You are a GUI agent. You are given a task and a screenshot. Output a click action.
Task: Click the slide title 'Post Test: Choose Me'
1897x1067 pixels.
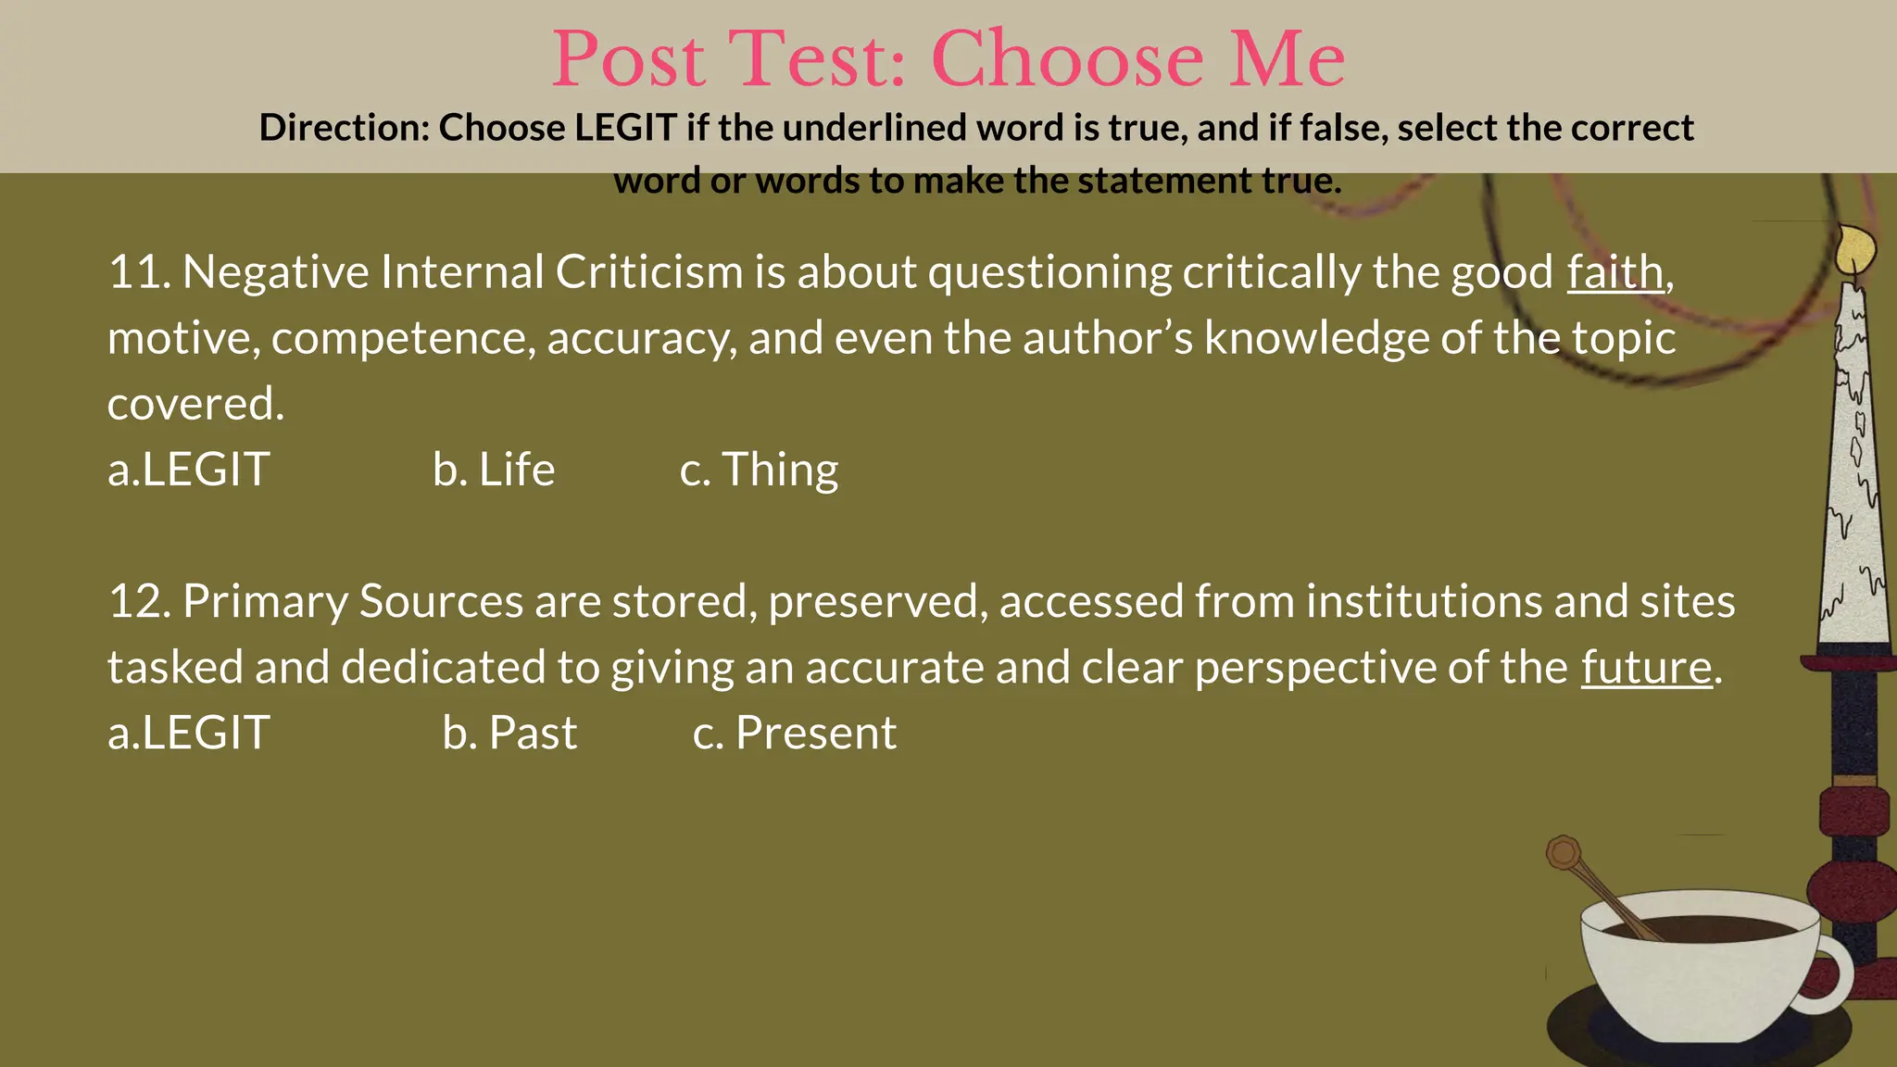[948, 59]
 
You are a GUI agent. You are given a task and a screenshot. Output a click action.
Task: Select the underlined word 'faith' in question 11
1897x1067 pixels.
[1614, 272]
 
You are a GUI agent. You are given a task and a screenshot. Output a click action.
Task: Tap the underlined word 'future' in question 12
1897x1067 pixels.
[1646, 667]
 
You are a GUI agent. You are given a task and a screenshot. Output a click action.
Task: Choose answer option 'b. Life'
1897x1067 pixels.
[494, 470]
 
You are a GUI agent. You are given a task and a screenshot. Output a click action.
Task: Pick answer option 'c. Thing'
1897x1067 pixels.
[759, 470]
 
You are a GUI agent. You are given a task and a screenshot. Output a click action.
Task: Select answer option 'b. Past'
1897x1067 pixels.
[509, 733]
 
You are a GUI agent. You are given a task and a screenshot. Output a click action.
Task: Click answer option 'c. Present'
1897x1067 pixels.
[795, 733]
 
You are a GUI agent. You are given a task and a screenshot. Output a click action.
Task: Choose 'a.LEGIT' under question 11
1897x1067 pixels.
[189, 470]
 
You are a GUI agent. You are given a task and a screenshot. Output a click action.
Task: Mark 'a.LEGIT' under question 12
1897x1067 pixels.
[189, 733]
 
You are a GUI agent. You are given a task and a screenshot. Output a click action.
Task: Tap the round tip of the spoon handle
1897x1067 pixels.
[1564, 851]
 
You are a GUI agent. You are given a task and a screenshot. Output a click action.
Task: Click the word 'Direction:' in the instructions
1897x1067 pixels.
[344, 128]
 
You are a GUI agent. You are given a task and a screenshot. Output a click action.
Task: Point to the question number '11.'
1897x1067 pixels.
[139, 272]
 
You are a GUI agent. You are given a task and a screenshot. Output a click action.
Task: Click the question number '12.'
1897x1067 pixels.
[139, 601]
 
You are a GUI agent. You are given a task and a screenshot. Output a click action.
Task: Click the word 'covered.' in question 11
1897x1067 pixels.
[195, 404]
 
